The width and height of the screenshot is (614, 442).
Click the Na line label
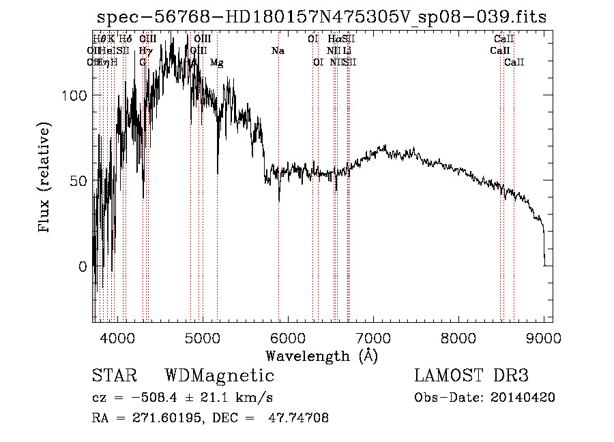point(278,51)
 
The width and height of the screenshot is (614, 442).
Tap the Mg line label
point(216,63)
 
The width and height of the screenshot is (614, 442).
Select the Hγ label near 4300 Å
point(145,51)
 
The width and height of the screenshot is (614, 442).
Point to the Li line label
point(347,51)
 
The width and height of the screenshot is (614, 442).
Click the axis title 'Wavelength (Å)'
point(321,356)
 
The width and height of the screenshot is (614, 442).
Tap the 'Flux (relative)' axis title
point(46,178)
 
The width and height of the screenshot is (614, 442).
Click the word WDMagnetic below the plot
point(220,376)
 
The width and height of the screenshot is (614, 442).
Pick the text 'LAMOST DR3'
point(471,376)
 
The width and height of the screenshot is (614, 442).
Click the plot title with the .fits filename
point(321,17)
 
